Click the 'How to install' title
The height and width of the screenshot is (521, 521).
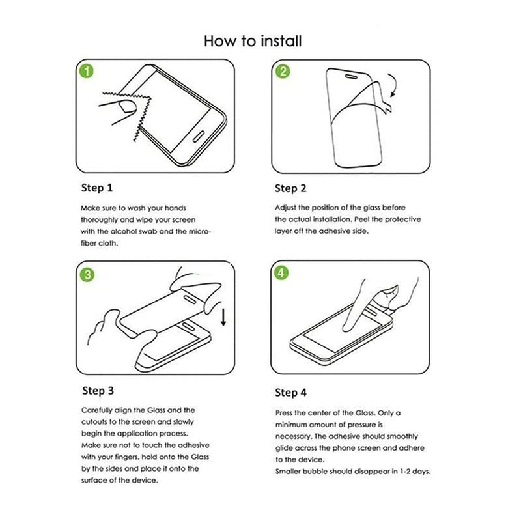pos(253,41)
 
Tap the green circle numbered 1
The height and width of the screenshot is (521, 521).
pos(85,71)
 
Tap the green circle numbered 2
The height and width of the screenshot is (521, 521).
pos(282,71)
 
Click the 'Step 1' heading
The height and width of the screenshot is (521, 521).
pos(96,188)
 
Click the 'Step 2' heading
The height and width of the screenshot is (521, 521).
pos(290,188)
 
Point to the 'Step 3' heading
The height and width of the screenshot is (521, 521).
pos(98,391)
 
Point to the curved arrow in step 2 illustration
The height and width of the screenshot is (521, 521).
pos(392,85)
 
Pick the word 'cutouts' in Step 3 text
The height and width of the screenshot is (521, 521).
pos(95,421)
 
